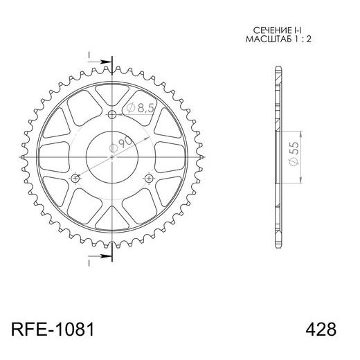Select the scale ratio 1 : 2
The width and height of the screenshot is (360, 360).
point(296,40)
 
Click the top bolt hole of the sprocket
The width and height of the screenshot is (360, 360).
point(112,115)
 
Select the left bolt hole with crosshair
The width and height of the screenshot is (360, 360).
point(75,179)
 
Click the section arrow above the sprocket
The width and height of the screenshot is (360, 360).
point(102,61)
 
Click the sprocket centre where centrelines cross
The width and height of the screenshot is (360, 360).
point(112,158)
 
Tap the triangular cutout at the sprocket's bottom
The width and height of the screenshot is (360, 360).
point(112,224)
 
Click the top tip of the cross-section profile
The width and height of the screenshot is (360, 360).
point(278,66)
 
